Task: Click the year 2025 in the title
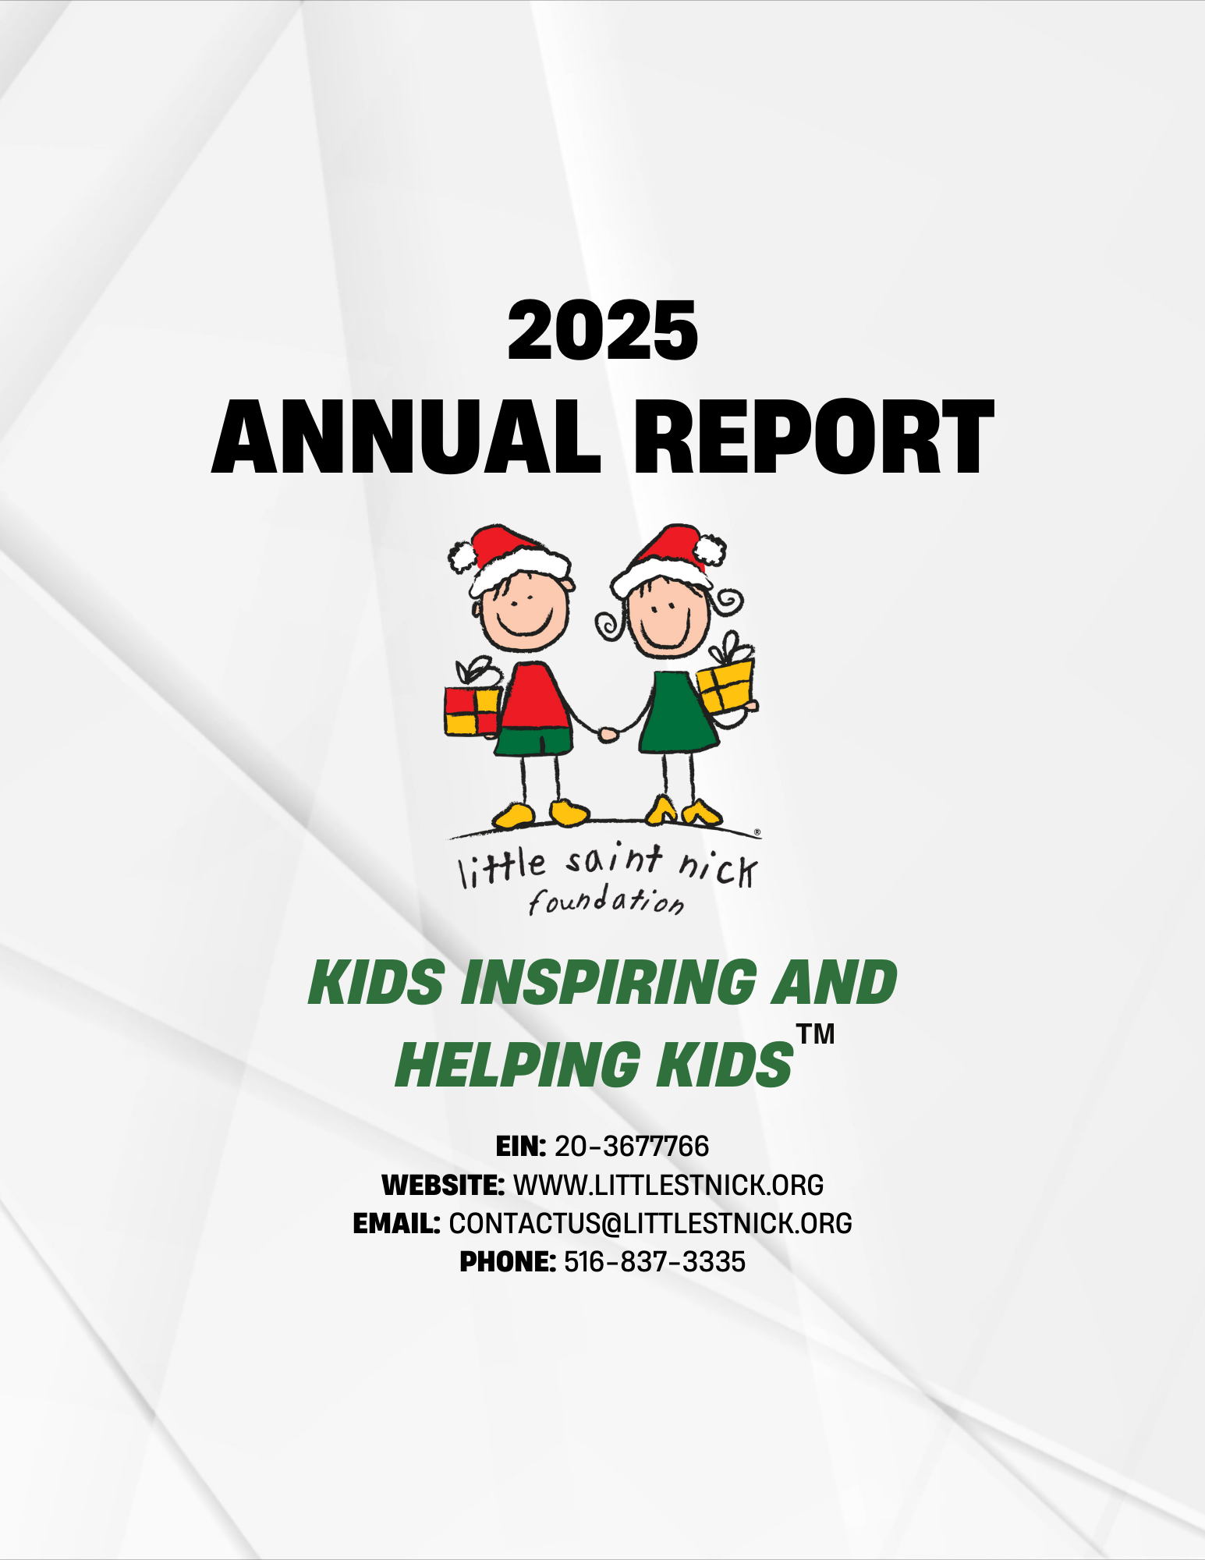point(602,331)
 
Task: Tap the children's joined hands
point(608,733)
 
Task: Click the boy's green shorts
point(534,740)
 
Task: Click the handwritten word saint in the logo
point(615,860)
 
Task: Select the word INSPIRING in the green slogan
point(609,982)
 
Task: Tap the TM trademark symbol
point(816,1034)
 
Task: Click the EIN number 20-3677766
point(632,1146)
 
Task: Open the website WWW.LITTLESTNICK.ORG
point(668,1185)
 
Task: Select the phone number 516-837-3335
point(654,1261)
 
